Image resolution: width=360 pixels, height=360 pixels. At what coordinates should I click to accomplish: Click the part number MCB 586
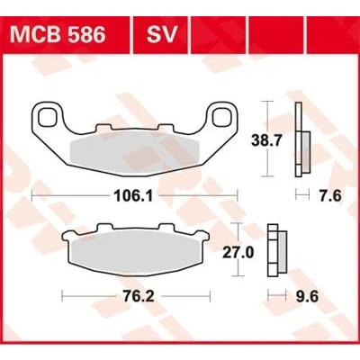[x=58, y=34]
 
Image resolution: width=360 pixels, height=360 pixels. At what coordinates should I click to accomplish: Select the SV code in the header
[x=162, y=34]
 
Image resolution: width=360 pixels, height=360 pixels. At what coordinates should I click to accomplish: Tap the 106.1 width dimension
[x=134, y=196]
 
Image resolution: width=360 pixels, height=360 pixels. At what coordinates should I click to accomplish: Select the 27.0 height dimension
[x=238, y=253]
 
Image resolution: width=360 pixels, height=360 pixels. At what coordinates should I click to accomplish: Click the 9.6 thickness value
[x=307, y=296]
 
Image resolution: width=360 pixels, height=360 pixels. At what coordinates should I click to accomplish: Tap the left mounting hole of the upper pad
[x=48, y=117]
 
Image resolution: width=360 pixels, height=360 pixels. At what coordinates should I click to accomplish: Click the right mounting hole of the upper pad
[x=221, y=117]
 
